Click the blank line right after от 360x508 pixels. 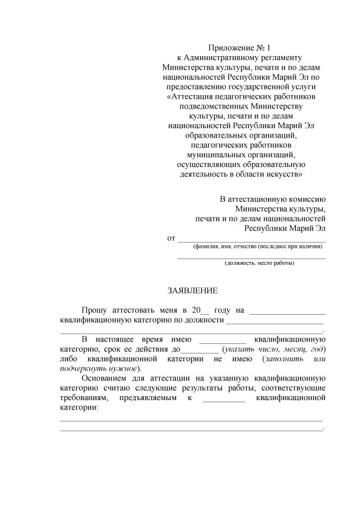(251, 241)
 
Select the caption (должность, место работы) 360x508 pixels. (251, 263)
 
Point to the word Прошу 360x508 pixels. (93, 310)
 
